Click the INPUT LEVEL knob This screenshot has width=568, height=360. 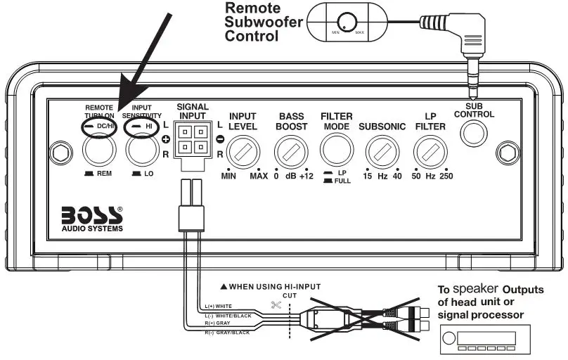(243, 150)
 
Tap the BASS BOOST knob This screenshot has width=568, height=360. (290, 150)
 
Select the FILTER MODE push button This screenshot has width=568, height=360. (336, 150)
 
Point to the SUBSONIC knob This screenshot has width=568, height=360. (381, 150)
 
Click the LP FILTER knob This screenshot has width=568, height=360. (430, 150)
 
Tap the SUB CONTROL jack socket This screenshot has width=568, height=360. (475, 131)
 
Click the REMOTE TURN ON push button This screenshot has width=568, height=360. (97, 150)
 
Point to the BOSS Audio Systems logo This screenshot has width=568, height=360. (92, 216)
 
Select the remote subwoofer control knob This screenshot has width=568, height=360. (346, 22)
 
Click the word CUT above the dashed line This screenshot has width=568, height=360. (290, 296)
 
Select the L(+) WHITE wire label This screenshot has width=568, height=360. (219, 307)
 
